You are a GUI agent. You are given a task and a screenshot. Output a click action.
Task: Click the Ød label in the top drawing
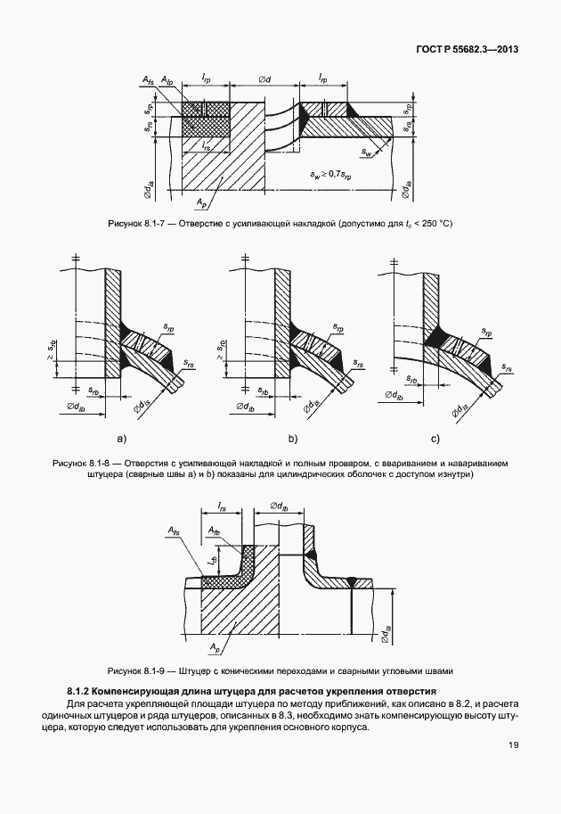264,80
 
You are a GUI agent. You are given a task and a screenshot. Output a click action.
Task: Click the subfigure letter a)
122,439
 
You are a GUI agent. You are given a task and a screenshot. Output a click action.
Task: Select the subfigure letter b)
291,439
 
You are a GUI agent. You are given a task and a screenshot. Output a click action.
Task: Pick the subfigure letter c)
435,439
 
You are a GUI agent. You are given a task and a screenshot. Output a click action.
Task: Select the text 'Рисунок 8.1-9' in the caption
134,670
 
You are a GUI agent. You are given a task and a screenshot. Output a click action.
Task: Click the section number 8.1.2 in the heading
80,692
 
